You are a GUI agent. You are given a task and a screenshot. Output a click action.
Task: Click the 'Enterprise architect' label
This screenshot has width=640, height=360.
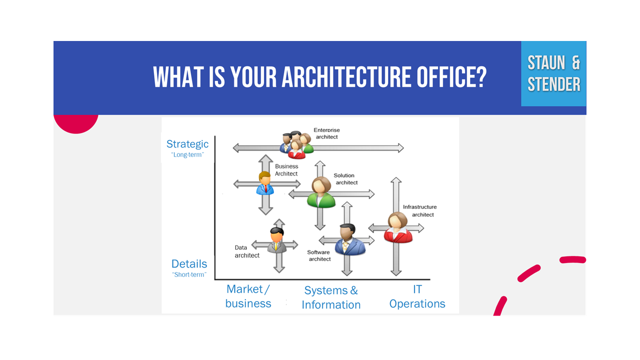pos(326,133)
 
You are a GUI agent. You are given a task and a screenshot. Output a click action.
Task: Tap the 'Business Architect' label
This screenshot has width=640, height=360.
pos(286,170)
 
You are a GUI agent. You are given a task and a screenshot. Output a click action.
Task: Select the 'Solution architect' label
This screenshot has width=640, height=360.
pos(345,179)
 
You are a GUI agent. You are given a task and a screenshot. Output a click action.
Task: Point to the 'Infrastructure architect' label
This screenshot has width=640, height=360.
pos(419,210)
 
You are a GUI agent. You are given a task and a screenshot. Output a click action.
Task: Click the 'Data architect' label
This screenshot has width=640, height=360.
pos(247,251)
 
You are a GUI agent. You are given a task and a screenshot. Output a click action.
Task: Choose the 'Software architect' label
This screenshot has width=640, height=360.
pos(319,255)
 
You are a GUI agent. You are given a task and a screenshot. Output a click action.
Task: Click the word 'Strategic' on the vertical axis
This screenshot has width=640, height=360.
pos(187,144)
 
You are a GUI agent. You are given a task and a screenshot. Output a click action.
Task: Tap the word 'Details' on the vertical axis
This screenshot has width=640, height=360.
pos(189,263)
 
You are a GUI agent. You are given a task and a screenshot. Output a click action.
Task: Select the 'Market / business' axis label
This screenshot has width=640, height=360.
pos(248,296)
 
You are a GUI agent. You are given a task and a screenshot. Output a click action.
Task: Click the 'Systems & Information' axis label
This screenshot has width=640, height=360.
pos(331,297)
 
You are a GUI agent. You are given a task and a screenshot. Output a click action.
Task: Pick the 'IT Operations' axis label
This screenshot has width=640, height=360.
pos(417,296)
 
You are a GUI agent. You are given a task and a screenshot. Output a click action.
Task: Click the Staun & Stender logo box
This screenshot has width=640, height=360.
pos(553,73)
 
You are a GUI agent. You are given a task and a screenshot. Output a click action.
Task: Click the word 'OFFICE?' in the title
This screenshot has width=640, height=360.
pos(451,77)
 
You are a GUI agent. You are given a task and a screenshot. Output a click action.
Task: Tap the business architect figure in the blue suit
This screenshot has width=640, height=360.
pos(265,183)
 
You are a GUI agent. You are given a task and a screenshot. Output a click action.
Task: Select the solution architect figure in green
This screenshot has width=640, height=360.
pos(321,192)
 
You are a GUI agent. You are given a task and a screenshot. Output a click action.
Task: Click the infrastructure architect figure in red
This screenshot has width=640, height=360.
pos(397,227)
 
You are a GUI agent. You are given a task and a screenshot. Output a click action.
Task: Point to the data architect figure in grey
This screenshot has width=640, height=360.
pos(276,240)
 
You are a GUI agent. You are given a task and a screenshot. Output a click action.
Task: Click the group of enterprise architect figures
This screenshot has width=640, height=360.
pos(296,145)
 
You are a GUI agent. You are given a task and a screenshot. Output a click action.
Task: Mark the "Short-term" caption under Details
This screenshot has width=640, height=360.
pos(189,274)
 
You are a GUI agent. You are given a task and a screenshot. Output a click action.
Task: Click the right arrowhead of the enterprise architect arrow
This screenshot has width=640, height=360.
pos(401,148)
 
